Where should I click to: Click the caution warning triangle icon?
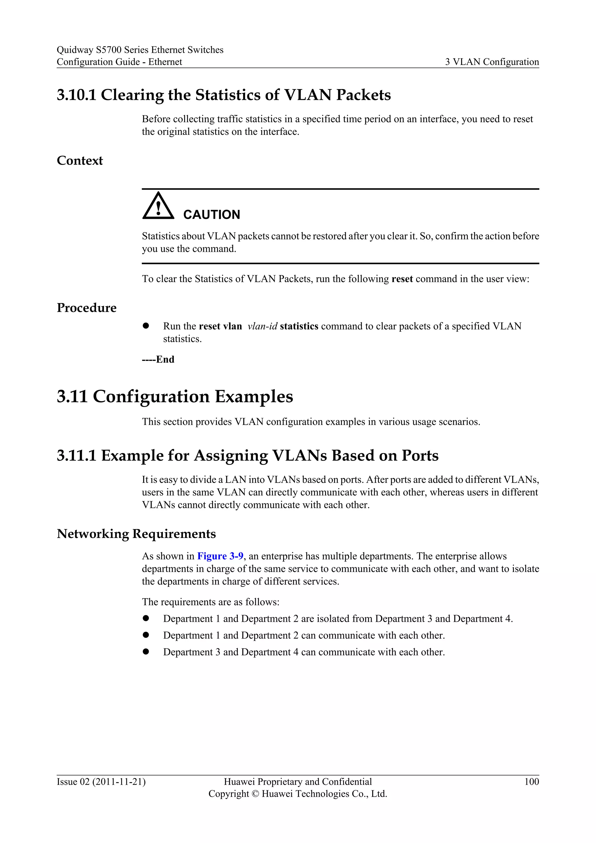click(x=158, y=206)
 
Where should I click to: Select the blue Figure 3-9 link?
click(x=220, y=556)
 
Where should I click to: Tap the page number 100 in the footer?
click(x=531, y=782)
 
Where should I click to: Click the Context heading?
click(x=80, y=161)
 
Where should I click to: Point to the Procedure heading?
click(x=87, y=308)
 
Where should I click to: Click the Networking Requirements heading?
click(x=136, y=534)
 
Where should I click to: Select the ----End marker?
click(x=158, y=359)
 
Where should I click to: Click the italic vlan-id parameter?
click(x=262, y=326)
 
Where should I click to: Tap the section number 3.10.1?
click(x=76, y=95)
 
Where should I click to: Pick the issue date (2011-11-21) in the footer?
click(x=119, y=782)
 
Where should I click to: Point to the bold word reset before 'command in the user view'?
click(x=402, y=279)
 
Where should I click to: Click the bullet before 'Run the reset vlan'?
click(x=146, y=326)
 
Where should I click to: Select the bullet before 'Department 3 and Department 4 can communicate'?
click(x=146, y=652)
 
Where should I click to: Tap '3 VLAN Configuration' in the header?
click(x=492, y=62)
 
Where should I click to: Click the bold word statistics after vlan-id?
click(x=299, y=326)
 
